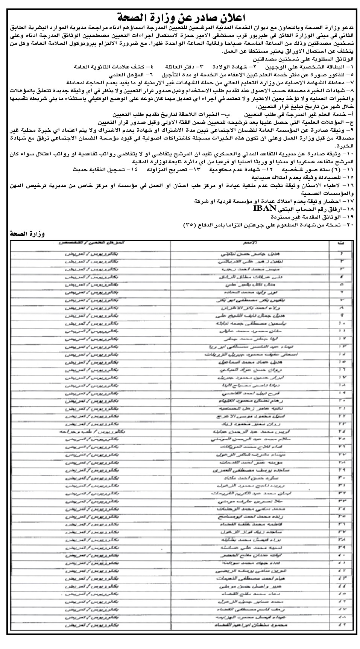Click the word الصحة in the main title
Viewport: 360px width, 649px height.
point(135,17)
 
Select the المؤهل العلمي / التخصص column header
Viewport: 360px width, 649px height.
point(91,243)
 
